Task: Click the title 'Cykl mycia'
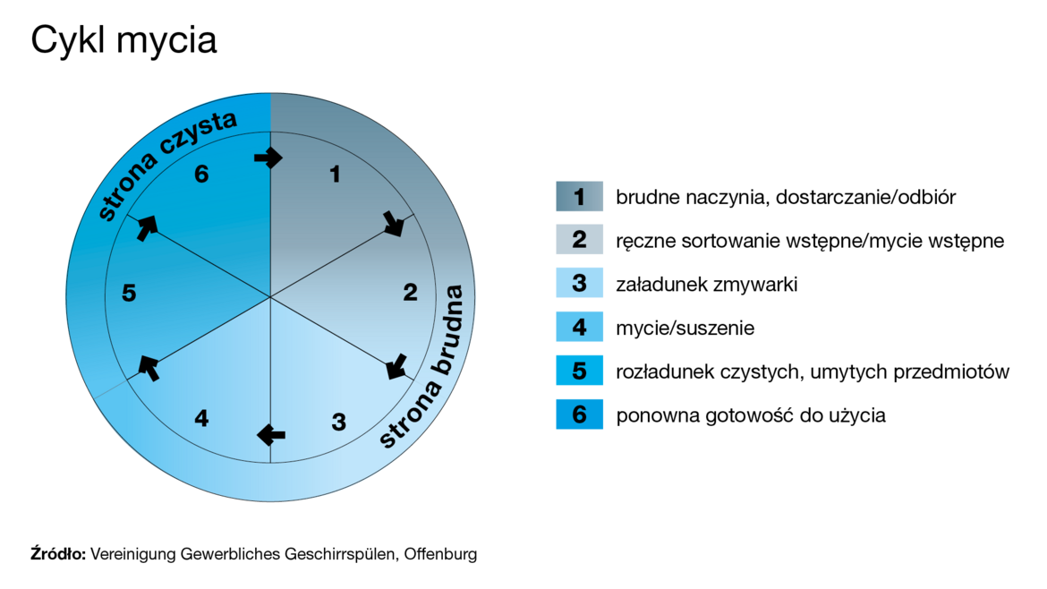(x=123, y=41)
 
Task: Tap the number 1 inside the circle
(x=336, y=175)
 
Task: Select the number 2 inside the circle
(x=410, y=292)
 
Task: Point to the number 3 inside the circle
(x=338, y=422)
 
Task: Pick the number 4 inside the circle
(x=201, y=419)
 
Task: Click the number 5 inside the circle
(x=129, y=293)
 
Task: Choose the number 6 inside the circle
(x=201, y=175)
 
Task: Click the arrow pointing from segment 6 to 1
(x=268, y=158)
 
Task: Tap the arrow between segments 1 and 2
(x=394, y=224)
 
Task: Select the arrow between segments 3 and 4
(x=271, y=435)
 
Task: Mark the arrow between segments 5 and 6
(x=147, y=227)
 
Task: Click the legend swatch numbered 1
(x=580, y=196)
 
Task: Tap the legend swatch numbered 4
(x=580, y=328)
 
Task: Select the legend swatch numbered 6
(x=580, y=414)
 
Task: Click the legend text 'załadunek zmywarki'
(x=706, y=285)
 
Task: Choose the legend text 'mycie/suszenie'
(x=685, y=328)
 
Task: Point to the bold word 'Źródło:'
(x=58, y=553)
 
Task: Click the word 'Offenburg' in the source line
(x=440, y=554)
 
